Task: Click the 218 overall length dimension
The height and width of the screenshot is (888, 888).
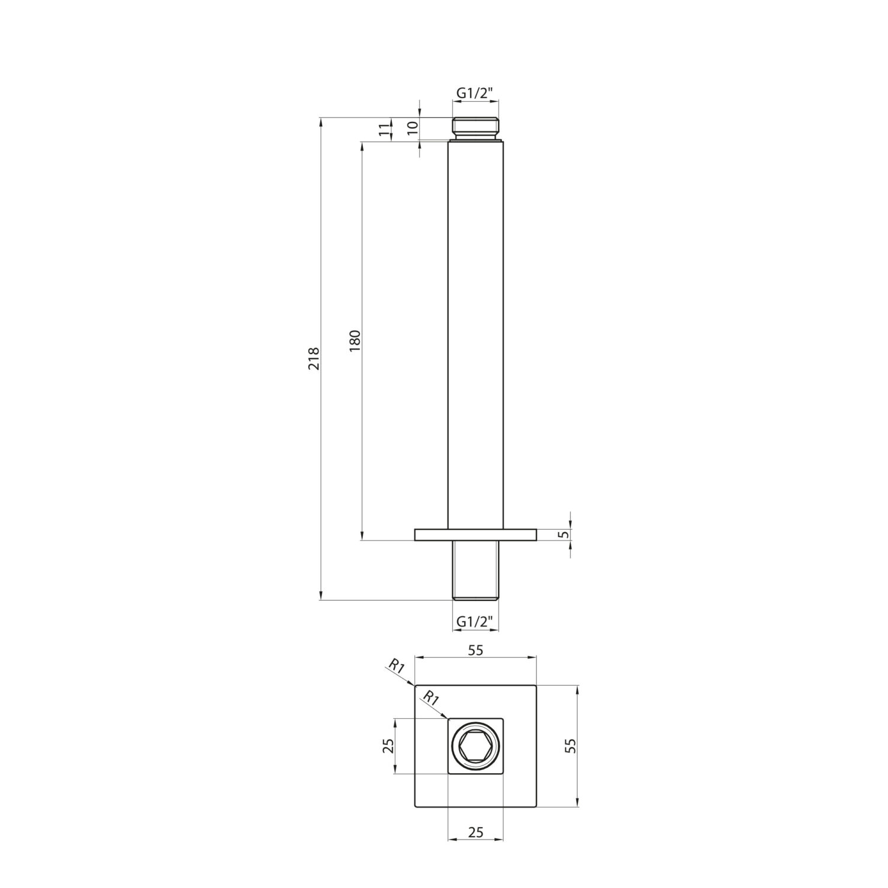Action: point(314,359)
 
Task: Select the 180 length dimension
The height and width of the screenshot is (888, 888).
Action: point(355,341)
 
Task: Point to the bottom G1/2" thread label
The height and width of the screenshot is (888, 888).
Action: point(475,622)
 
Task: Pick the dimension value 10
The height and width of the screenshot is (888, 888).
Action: point(413,125)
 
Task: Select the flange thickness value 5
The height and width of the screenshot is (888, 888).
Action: point(564,534)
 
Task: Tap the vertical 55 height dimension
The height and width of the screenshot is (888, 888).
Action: point(571,745)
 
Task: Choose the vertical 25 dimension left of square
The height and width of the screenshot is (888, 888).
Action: point(388,746)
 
